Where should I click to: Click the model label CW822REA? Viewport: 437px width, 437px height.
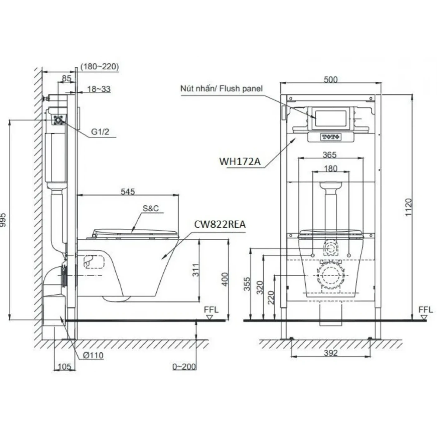(x=220, y=224)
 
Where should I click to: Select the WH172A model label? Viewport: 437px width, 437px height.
(x=239, y=161)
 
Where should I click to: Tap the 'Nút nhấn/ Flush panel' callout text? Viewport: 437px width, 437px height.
(x=221, y=89)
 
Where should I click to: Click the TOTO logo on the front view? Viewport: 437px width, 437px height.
(x=331, y=137)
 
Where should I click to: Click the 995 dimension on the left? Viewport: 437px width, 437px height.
(x=3, y=220)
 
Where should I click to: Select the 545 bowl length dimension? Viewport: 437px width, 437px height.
(x=128, y=191)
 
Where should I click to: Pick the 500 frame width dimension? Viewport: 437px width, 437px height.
(x=331, y=79)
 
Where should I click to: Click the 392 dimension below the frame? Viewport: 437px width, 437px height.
(x=330, y=353)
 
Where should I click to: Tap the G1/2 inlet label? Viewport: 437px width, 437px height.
(x=100, y=132)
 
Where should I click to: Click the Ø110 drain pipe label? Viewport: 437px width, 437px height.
(x=93, y=355)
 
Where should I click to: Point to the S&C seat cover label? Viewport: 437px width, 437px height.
(x=151, y=208)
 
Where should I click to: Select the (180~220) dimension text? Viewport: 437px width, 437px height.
(x=100, y=66)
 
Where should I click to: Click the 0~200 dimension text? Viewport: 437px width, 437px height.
(x=184, y=366)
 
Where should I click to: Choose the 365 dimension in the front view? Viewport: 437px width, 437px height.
(x=330, y=155)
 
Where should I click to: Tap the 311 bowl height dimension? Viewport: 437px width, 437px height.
(x=195, y=270)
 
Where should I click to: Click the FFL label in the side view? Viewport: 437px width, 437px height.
(x=211, y=310)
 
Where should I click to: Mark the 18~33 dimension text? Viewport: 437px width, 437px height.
(x=99, y=89)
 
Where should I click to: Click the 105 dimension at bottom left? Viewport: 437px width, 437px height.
(x=64, y=367)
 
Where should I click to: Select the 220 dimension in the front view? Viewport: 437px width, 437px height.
(x=271, y=297)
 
